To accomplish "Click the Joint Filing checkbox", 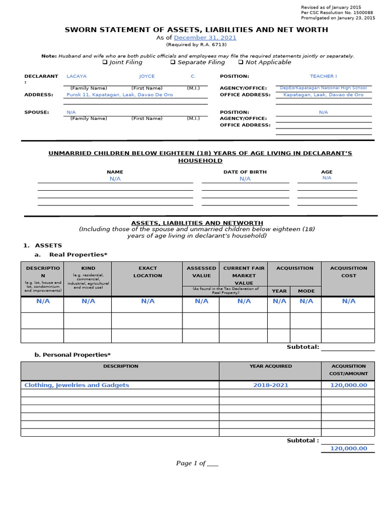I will [x=105, y=62].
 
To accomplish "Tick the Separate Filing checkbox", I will [x=172, y=62].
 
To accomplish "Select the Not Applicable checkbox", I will [x=241, y=62].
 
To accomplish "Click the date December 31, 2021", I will [x=205, y=38].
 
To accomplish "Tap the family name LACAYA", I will [x=76, y=76].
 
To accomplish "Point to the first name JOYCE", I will [x=147, y=76].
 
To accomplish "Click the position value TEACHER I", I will [x=323, y=76].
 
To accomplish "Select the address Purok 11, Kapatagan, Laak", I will [x=119, y=95].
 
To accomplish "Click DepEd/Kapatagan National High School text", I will [x=323, y=88].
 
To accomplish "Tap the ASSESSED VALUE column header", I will [x=202, y=272].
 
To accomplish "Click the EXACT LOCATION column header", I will [x=147, y=272].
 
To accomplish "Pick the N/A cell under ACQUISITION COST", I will [x=348, y=301].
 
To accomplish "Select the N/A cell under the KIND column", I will [x=88, y=301].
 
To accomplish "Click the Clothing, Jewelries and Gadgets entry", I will [x=77, y=385].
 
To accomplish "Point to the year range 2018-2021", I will [x=270, y=385].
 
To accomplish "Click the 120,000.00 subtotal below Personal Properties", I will [x=348, y=448].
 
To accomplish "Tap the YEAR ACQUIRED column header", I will [x=270, y=366].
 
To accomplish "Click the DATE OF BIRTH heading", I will [x=245, y=172].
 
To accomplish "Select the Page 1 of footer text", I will [x=197, y=463].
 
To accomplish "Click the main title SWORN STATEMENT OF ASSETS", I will [x=197, y=30].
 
